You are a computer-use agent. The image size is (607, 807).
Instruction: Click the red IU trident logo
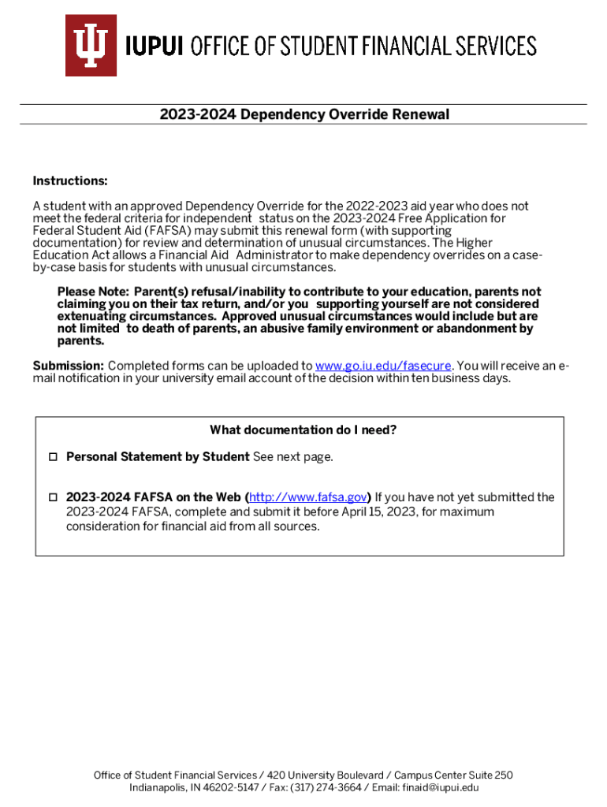tap(91, 45)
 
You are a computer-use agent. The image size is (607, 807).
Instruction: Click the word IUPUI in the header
tap(155, 46)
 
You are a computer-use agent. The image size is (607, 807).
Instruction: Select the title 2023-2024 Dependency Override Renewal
tap(303, 114)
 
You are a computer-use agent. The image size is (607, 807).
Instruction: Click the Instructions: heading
tap(70, 181)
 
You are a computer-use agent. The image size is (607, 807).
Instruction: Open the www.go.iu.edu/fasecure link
tap(383, 366)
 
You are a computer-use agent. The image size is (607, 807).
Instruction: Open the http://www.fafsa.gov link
tap(308, 497)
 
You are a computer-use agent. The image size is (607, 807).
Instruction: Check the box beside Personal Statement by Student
tap(53, 457)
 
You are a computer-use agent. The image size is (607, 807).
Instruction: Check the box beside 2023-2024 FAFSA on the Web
tap(53, 498)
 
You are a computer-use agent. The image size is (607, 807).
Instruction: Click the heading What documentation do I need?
tap(303, 430)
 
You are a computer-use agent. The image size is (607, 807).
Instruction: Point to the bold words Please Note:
tap(88, 292)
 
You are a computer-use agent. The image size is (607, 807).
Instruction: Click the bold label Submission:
tap(68, 366)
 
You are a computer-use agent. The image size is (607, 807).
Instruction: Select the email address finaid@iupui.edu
tap(438, 787)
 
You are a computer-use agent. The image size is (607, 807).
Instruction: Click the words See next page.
tap(294, 457)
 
